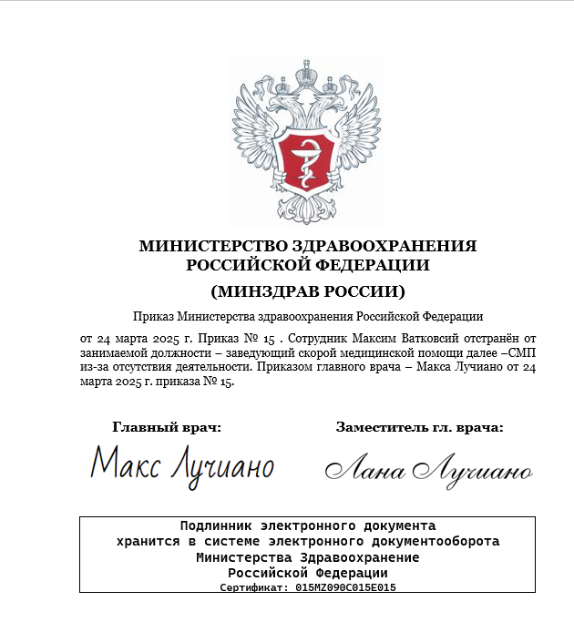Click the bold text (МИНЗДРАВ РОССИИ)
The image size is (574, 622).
307,292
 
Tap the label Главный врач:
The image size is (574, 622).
167,426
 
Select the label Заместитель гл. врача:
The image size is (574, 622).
419,426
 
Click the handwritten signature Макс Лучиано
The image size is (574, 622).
182,465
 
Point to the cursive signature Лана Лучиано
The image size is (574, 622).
429,469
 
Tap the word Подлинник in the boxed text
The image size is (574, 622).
217,526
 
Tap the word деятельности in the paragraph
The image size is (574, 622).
206,368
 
